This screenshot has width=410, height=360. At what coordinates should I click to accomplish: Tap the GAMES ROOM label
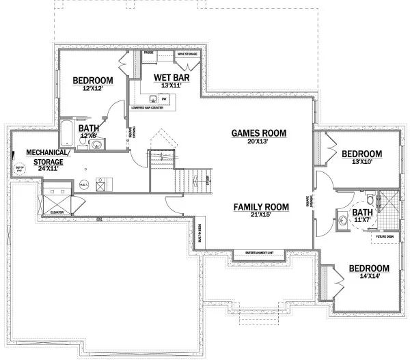(x=258, y=133)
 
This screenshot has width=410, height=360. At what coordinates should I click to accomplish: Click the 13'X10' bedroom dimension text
(x=360, y=163)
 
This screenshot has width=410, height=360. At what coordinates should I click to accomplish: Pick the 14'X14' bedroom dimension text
(x=368, y=277)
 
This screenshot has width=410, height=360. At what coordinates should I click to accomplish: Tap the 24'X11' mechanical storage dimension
(x=42, y=168)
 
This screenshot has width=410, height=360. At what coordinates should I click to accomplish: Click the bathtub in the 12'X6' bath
(x=69, y=130)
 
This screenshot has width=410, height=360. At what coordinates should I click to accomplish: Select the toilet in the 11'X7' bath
(x=368, y=199)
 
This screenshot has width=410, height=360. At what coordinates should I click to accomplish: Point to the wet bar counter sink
(x=154, y=99)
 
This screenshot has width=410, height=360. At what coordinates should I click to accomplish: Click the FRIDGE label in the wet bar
(x=148, y=53)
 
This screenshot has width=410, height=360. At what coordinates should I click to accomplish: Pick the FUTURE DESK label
(x=385, y=236)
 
